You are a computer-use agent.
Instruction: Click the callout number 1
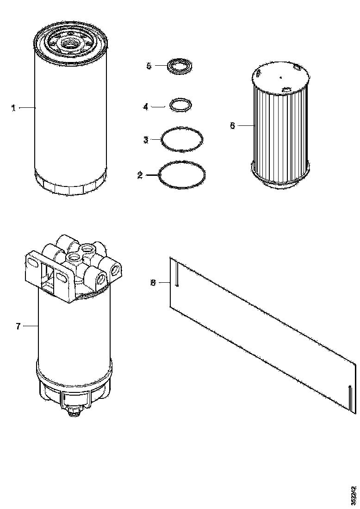coord(14,108)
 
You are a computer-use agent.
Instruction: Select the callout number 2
coord(139,175)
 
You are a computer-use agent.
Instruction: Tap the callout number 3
coord(145,140)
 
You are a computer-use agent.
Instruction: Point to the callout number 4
coord(145,107)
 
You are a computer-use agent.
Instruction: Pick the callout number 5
coord(149,66)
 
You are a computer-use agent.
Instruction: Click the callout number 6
coord(232,125)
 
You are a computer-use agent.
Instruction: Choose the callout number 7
coord(18,326)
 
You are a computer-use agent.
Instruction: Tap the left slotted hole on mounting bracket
coord(33,263)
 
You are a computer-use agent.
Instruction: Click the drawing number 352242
coord(354,495)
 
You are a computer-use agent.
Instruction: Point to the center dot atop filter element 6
coord(280,77)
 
